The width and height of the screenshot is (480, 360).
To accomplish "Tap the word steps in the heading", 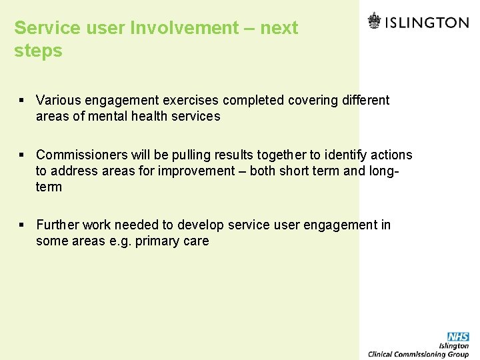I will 38,51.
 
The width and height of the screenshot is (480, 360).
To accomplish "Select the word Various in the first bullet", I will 57,101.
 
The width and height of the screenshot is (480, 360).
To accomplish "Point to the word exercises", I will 189,101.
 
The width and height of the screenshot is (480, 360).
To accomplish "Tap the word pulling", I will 193,155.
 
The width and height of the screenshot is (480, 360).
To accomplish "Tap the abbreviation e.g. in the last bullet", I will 117,241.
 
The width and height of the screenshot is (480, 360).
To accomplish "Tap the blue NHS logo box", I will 458,337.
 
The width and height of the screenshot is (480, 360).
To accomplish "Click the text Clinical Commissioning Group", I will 419,354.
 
